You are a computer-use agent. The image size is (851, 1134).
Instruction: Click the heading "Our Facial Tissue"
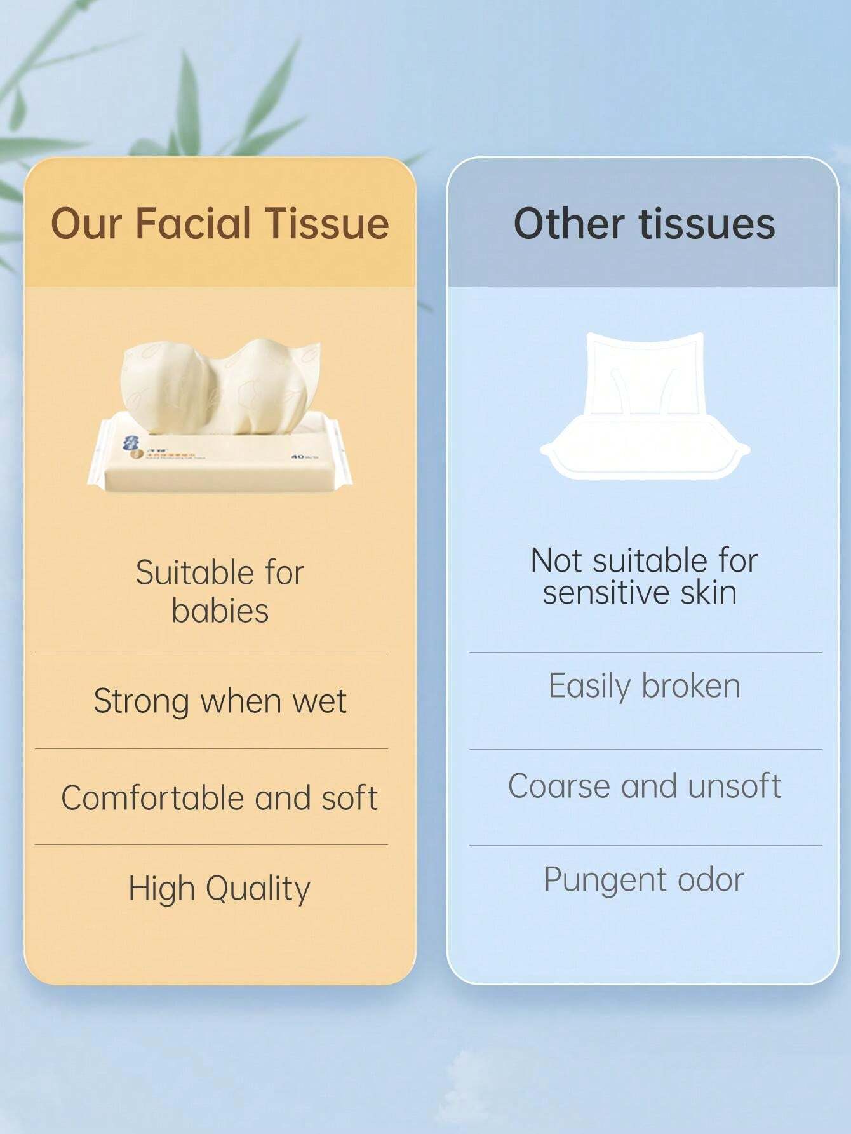[220, 224]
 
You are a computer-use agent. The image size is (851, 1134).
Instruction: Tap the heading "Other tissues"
[644, 224]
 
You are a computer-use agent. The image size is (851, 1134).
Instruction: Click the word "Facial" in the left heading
[194, 224]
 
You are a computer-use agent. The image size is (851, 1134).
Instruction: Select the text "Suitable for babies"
[220, 591]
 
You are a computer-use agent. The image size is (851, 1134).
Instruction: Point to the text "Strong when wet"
[220, 701]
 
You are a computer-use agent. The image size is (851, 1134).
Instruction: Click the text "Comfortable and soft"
[220, 798]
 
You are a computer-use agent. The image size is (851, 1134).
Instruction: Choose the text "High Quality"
[220, 889]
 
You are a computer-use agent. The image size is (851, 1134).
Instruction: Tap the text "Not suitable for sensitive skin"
[644, 576]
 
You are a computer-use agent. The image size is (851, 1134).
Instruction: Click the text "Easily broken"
[644, 686]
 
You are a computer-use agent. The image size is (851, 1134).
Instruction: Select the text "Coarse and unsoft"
[644, 786]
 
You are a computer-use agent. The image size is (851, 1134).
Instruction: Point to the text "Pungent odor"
[644, 880]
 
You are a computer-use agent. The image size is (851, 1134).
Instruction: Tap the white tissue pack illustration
[644, 407]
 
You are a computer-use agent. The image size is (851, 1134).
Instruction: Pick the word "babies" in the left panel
[220, 611]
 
